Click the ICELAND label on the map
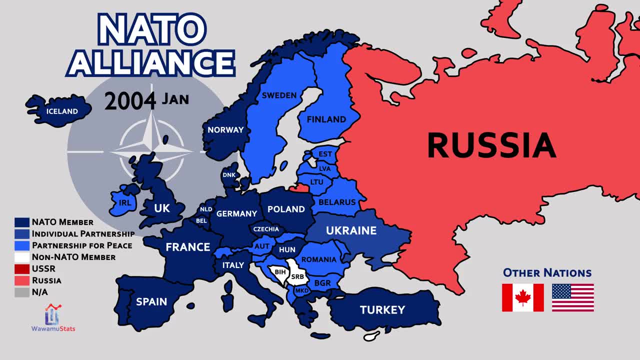tap(62, 111)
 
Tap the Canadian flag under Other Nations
tap(522, 297)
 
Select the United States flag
tap(573, 297)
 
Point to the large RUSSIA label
tap(491, 144)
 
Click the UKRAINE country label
tap(351, 230)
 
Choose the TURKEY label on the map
tap(382, 310)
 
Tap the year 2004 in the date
tap(130, 100)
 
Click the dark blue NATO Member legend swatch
tap(21, 222)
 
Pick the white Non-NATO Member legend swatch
tap(21, 257)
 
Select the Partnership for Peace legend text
tap(82, 245)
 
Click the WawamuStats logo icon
tap(52, 315)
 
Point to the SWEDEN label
tap(279, 95)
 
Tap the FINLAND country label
tap(326, 119)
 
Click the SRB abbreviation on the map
tap(297, 277)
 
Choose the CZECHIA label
tap(266, 229)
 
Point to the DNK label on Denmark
tap(229, 175)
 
